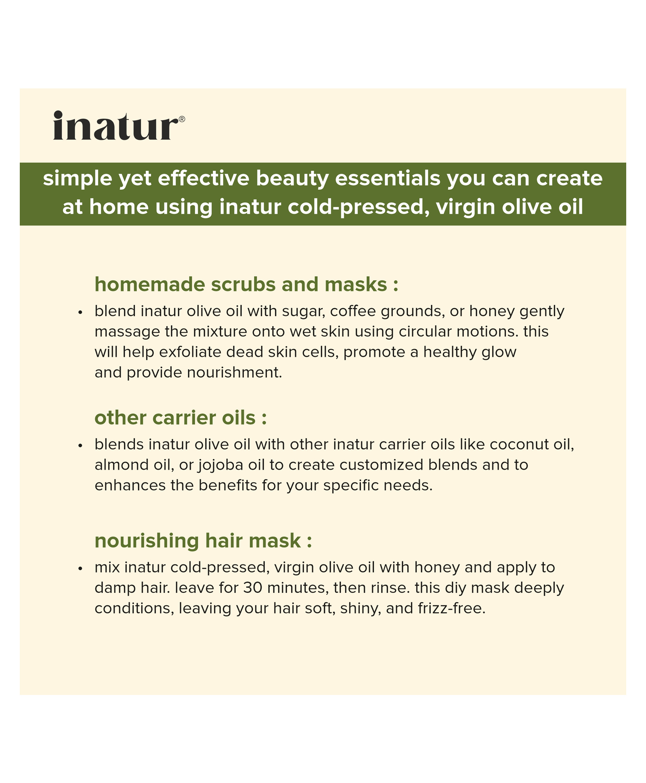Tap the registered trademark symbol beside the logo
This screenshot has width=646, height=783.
point(182,119)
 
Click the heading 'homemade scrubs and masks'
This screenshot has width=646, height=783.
point(246,284)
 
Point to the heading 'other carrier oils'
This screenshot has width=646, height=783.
point(180,418)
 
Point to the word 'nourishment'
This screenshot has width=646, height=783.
point(234,372)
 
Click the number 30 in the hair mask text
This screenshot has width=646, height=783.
point(253,588)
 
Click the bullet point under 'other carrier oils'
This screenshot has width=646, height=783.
point(80,446)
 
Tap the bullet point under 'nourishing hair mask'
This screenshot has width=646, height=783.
point(80,569)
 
